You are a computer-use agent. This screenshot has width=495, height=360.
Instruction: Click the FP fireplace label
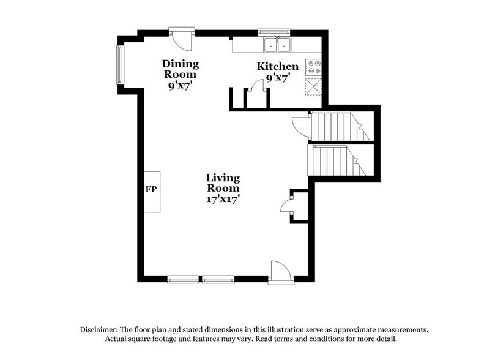[x=151, y=189]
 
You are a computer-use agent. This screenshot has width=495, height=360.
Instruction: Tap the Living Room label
[x=223, y=183]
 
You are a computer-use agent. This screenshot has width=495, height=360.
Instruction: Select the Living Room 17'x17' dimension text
[x=223, y=198]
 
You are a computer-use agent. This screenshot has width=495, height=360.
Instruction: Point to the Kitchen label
[x=278, y=66]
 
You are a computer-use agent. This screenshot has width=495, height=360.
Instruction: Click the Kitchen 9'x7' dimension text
[x=278, y=78]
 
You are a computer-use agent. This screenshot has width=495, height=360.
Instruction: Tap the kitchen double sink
[x=277, y=44]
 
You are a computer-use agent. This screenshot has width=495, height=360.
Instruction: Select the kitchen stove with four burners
[x=314, y=67]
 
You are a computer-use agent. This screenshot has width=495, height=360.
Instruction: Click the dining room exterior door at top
[x=181, y=38]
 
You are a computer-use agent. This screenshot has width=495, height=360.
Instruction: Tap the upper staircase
[x=337, y=127]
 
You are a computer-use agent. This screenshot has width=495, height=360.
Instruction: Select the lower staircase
[x=337, y=160]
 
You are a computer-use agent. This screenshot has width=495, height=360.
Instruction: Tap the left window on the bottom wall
[x=183, y=280]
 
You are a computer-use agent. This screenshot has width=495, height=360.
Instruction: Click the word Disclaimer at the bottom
[x=102, y=329]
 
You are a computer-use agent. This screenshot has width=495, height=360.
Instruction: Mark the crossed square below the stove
[x=314, y=88]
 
